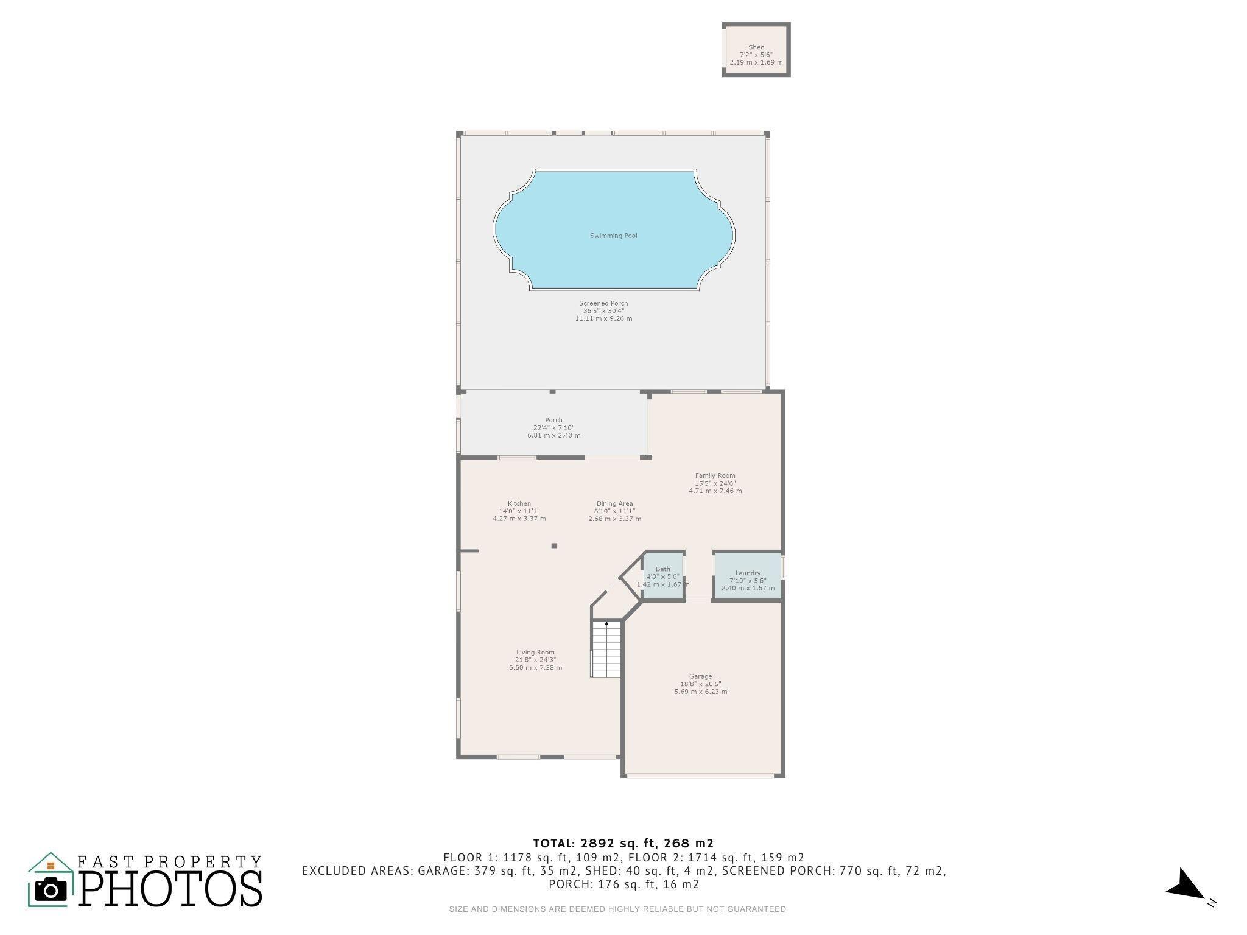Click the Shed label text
click(x=756, y=47)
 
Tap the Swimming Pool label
click(x=614, y=236)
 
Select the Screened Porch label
click(x=603, y=303)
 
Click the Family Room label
click(x=715, y=475)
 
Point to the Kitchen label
click(x=519, y=503)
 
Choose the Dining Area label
click(x=614, y=503)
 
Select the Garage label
click(x=701, y=676)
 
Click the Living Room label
click(x=536, y=653)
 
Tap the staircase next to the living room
click(x=606, y=649)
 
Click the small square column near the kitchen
click(x=554, y=546)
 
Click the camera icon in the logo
click(x=51, y=890)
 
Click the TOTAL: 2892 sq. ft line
click(x=623, y=843)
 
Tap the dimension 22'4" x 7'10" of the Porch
click(x=553, y=428)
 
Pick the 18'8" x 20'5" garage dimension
click(x=701, y=684)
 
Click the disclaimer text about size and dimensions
click(x=617, y=909)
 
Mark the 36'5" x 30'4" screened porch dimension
click(x=603, y=311)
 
